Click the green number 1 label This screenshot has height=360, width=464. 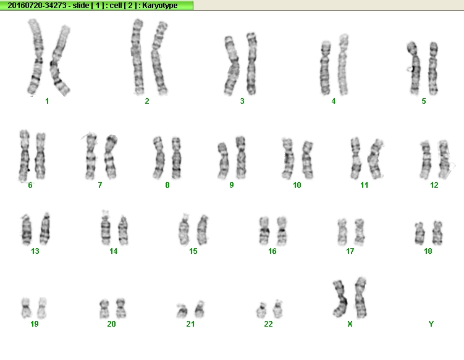[x=47, y=101]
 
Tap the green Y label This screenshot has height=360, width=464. [x=431, y=324]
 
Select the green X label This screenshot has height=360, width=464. [x=350, y=324]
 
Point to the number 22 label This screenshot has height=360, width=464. [x=268, y=324]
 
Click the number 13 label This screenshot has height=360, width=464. [x=35, y=251]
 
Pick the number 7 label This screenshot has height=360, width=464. [x=100, y=185]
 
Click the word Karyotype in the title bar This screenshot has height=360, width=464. [x=160, y=6]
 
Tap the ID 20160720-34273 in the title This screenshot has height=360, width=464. [x=36, y=6]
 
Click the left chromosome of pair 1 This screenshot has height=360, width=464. [x=35, y=57]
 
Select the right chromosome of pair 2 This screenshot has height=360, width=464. [x=159, y=58]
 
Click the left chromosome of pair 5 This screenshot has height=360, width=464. [x=413, y=68]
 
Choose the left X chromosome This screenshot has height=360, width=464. [x=340, y=298]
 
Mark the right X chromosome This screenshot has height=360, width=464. [x=360, y=297]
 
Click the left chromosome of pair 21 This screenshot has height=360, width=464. [x=182, y=311]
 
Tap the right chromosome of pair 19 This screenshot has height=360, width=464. [x=42, y=308]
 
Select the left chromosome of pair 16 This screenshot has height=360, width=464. [x=264, y=231]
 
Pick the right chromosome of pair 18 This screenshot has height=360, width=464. [x=437, y=233]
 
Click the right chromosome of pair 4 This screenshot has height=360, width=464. [x=344, y=64]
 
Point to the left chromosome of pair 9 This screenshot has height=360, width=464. [x=223, y=161]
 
